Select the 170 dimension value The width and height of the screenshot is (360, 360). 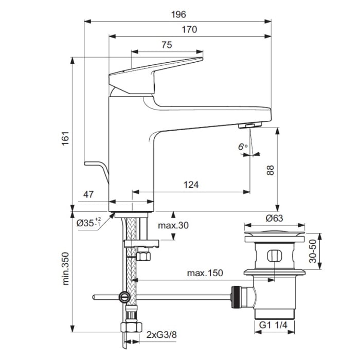coord(189,30)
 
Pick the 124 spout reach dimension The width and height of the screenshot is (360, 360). coord(190,185)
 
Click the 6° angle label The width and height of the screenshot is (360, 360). coord(243,147)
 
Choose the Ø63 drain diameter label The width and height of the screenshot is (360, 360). coord(274,218)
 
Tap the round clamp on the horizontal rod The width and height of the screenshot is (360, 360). coord(123,297)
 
